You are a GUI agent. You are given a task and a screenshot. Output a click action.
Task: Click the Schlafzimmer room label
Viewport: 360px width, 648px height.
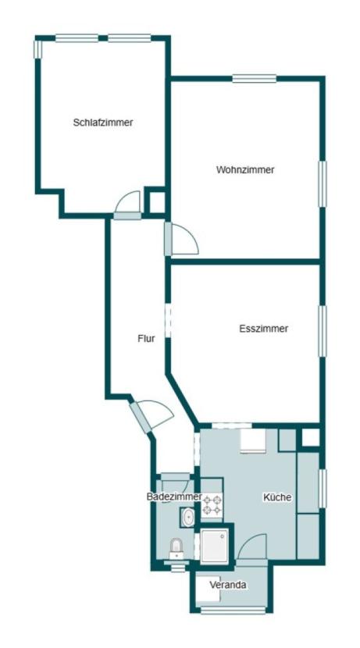click(103, 123)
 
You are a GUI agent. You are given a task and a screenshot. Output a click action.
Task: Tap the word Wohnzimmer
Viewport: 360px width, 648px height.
click(245, 169)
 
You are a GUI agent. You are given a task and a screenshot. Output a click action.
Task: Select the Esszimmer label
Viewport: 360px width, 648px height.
click(264, 329)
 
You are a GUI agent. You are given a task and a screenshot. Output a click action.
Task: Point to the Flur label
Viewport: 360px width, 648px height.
click(146, 339)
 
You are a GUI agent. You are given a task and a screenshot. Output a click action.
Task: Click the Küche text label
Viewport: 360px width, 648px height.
click(277, 497)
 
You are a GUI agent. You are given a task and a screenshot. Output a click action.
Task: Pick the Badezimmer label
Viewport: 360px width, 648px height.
click(174, 497)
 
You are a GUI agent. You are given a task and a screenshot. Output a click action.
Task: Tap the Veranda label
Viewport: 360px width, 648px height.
click(228, 585)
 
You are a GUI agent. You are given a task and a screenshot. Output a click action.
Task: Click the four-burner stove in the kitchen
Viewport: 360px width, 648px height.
click(212, 505)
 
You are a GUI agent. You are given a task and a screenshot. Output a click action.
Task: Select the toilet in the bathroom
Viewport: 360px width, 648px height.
click(176, 548)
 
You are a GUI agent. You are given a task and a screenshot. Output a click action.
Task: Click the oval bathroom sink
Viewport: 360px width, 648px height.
click(188, 517)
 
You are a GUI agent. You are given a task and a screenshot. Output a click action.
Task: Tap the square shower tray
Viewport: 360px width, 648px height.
click(214, 546)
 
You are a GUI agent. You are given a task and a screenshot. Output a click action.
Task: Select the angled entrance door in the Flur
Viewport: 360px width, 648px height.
click(140, 418)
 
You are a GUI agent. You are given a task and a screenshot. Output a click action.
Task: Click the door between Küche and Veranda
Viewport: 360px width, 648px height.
click(252, 547)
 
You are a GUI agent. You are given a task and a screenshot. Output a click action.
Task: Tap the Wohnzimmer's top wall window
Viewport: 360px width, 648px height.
click(254, 78)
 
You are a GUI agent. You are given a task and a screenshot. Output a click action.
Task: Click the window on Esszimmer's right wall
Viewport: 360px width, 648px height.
click(323, 331)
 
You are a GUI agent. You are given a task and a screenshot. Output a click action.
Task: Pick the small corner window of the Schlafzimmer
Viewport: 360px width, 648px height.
click(37, 49)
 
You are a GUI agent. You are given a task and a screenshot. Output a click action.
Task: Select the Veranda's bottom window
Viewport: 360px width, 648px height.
click(233, 610)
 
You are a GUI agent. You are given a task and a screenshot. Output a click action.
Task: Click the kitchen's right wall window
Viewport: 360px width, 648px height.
click(323, 489)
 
